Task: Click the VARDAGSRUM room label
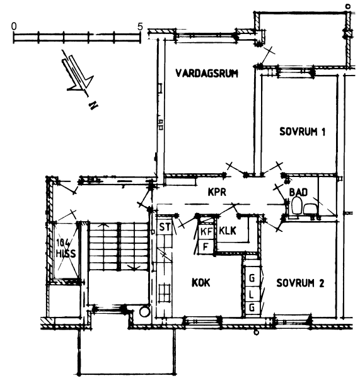207,73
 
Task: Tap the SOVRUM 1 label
303,132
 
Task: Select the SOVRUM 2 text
300,283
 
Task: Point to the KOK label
201,282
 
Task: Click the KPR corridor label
217,192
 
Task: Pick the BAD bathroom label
299,192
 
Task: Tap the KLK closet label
228,231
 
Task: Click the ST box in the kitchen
165,227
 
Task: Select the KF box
206,232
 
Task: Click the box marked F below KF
206,246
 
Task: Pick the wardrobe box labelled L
252,294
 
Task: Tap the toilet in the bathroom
296,205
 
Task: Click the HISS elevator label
66,253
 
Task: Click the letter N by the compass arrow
93,105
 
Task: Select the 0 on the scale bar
14,26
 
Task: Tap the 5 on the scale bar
140,26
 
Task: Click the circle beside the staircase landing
144,311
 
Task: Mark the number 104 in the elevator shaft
63,242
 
